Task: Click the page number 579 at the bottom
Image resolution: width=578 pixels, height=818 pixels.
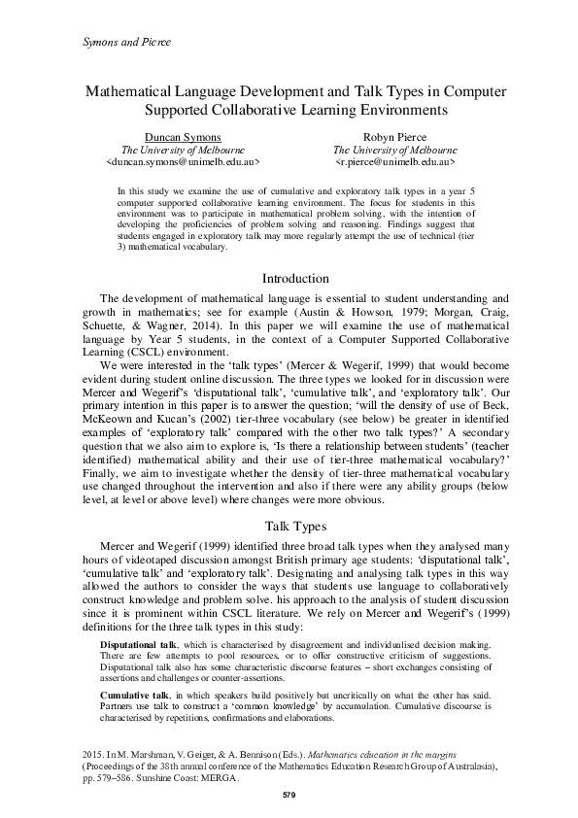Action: pyautogui.click(x=289, y=796)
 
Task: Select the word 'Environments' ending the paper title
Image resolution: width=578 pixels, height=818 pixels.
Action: pyautogui.click(x=401, y=112)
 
